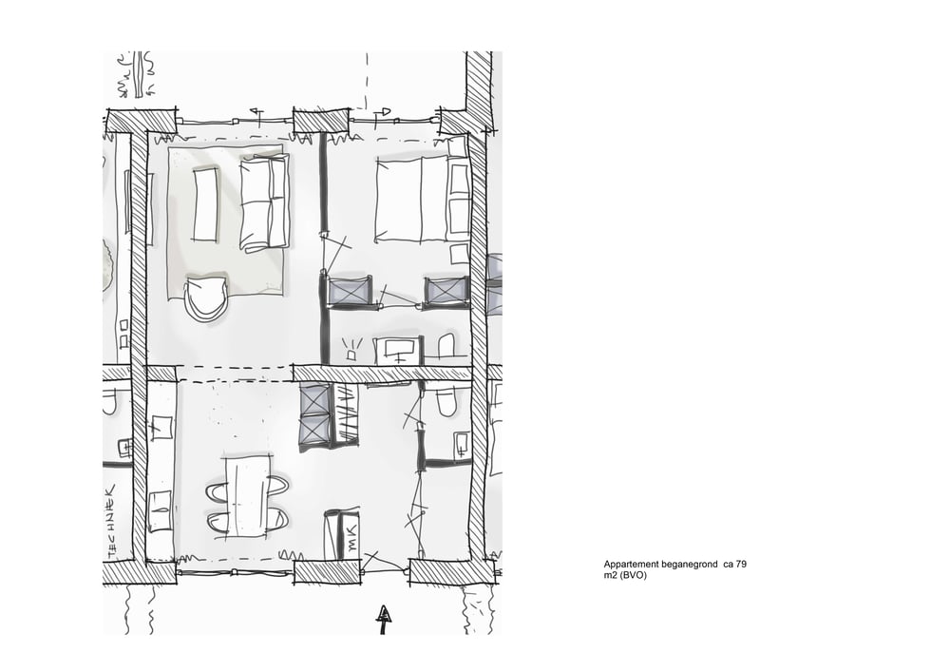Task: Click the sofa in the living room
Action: tap(264, 202)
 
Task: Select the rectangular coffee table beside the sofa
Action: tap(205, 204)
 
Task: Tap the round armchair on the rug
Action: tap(206, 298)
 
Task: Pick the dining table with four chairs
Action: tap(248, 495)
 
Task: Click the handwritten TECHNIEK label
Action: tap(111, 520)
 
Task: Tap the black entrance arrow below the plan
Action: tap(384, 618)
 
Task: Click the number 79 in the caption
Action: tap(741, 565)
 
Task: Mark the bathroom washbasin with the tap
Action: tap(397, 350)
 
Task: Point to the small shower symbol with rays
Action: tap(351, 351)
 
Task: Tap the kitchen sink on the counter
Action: tap(161, 427)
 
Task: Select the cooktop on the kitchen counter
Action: tap(161, 511)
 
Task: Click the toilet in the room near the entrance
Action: tap(446, 401)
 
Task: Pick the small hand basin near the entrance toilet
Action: tap(462, 444)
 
